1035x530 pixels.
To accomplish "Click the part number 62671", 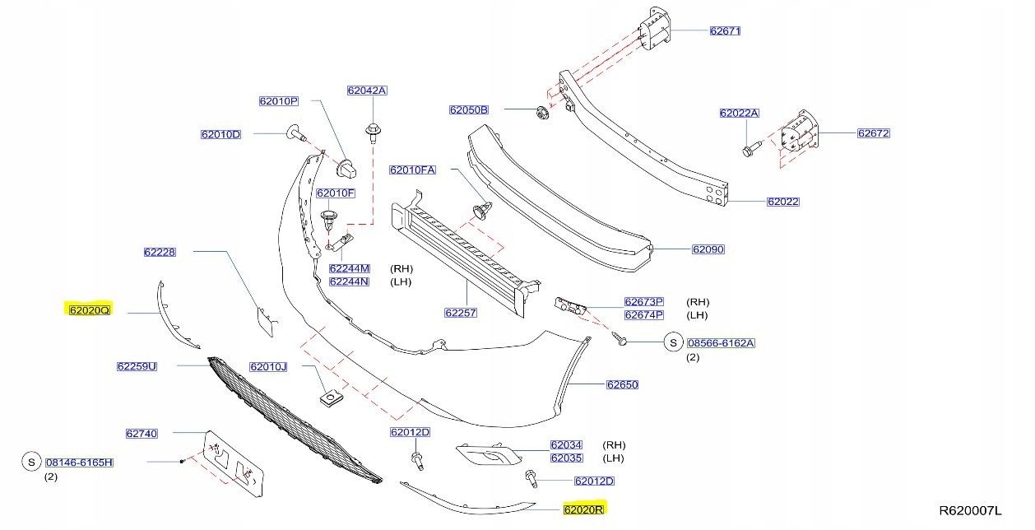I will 726,31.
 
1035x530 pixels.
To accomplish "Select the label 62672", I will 873,133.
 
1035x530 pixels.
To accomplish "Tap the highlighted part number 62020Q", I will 89,310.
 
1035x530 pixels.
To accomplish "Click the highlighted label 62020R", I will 584,509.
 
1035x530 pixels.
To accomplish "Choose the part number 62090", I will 708,249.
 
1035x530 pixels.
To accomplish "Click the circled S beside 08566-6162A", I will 672,342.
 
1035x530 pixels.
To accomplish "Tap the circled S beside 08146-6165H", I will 31,463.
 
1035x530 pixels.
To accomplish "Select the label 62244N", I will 349,281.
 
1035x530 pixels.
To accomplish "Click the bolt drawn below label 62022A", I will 750,151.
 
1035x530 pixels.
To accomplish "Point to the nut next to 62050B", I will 541,113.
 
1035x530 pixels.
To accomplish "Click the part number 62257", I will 461,313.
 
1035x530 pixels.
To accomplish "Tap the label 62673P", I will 643,302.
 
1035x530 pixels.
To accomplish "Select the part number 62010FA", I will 412,170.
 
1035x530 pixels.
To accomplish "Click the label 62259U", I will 137,366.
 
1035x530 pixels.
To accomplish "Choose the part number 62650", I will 622,384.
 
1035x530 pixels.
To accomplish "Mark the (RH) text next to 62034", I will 615,445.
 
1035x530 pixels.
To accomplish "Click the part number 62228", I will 159,252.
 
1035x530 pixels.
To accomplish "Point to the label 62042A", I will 366,91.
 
